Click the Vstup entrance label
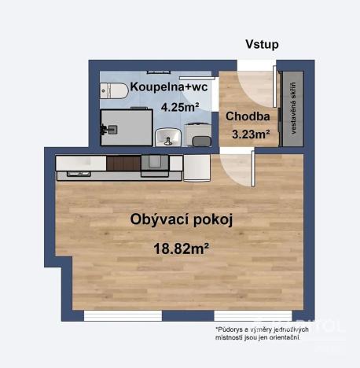click(x=262, y=45)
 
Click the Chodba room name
click(x=247, y=117)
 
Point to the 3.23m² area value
click(x=251, y=134)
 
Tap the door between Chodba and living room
click(x=237, y=166)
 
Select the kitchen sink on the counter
click(x=153, y=163)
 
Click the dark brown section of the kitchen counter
click(x=123, y=164)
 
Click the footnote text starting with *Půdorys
click(x=261, y=333)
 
